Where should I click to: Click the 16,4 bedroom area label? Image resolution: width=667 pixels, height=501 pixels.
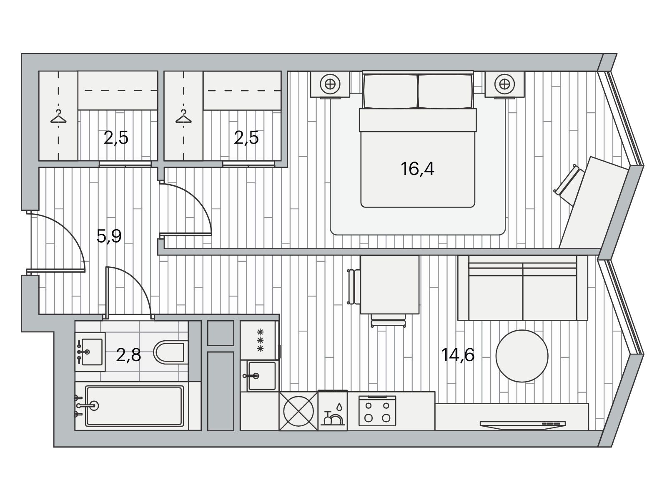coord(417,169)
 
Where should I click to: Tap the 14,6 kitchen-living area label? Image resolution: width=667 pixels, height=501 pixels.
coord(458,355)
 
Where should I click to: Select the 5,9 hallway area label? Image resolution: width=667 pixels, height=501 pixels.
coord(109,236)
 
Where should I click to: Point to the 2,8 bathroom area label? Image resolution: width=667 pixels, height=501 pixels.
coord(128,355)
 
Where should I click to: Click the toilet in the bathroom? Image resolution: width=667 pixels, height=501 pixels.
coord(169,352)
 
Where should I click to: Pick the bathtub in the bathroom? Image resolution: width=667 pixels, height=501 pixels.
coord(134,406)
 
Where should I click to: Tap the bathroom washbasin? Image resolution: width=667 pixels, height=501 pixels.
coord(90,352)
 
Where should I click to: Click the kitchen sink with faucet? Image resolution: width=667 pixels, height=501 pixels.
coord(261,376)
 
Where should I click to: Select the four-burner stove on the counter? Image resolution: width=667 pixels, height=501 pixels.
coord(377,411)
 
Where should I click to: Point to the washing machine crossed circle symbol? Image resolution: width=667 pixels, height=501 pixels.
coord(298,411)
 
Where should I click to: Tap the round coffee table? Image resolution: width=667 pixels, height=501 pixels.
coord(522,356)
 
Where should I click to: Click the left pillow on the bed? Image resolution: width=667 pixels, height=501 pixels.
coord(391,91)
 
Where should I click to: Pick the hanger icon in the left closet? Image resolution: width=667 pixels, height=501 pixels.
coord(58,116)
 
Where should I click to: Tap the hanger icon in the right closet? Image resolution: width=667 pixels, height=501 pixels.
coord(183,116)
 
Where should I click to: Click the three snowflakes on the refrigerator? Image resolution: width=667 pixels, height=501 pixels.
coord(260,340)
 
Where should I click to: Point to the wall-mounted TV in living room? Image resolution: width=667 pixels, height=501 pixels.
coord(522,425)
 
